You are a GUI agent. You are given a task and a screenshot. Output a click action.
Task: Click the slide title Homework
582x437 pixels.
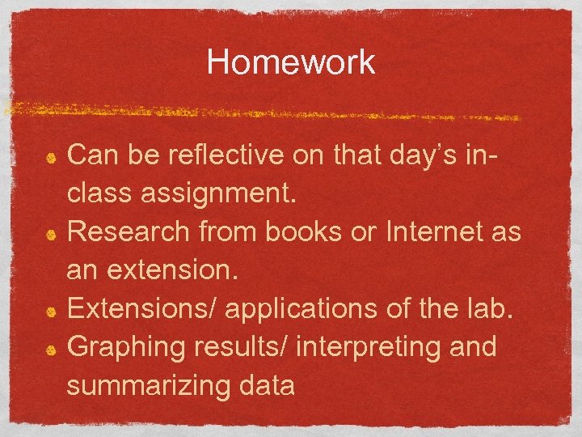tap(291, 62)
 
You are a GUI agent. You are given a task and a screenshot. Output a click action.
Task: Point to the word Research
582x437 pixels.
tap(129, 232)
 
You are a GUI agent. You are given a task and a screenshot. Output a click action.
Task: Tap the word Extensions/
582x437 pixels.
tap(141, 309)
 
